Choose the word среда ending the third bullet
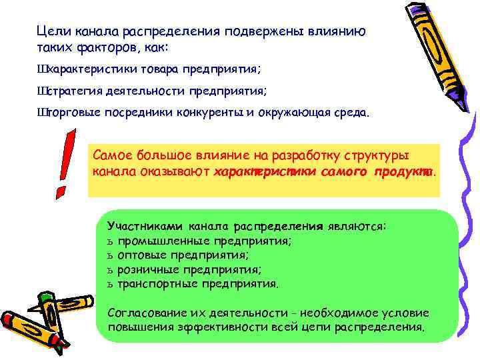[346, 113]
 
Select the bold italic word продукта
[403, 172]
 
